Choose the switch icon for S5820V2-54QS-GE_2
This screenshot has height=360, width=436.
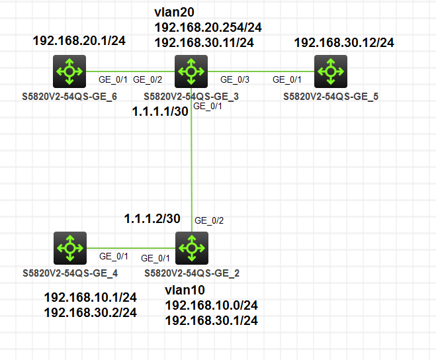click(x=191, y=248)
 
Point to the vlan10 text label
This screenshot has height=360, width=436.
click(x=185, y=291)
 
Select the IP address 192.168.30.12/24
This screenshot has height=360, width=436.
click(x=343, y=43)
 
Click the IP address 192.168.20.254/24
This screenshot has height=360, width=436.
click(x=205, y=28)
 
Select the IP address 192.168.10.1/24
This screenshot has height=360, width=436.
click(x=90, y=298)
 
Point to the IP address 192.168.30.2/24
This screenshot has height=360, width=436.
click(x=90, y=312)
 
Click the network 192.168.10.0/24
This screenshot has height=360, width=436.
click(x=211, y=305)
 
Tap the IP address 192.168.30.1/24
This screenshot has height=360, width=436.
click(x=211, y=320)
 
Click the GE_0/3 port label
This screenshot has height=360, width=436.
click(x=235, y=80)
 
